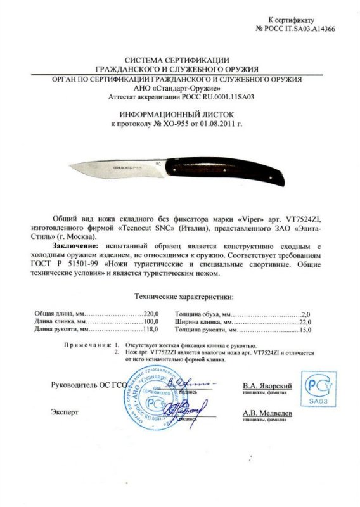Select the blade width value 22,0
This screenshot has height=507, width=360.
point(306,322)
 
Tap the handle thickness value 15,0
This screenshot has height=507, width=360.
point(306,330)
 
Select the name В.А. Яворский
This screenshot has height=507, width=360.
point(267,385)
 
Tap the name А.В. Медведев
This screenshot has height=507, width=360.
point(267,413)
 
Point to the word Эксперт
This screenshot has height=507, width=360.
point(65,412)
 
